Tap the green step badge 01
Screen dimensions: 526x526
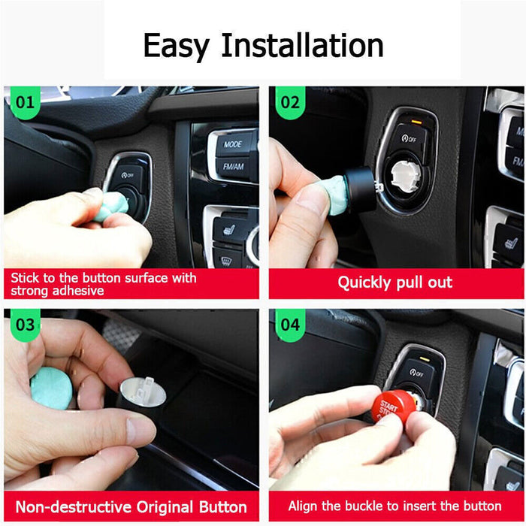(25, 101)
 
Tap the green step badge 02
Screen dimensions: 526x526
(289, 101)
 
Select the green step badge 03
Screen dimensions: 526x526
(25, 325)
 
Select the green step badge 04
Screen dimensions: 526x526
(289, 325)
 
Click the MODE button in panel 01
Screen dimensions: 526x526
(233, 144)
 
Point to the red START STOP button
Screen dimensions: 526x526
(392, 407)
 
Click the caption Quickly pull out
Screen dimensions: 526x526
(394, 283)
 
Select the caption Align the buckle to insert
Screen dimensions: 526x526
(394, 506)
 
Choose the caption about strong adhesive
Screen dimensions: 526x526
(104, 283)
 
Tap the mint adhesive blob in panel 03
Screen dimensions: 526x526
(52, 388)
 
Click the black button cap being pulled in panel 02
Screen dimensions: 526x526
(361, 188)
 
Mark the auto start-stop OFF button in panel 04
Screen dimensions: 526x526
(419, 371)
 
